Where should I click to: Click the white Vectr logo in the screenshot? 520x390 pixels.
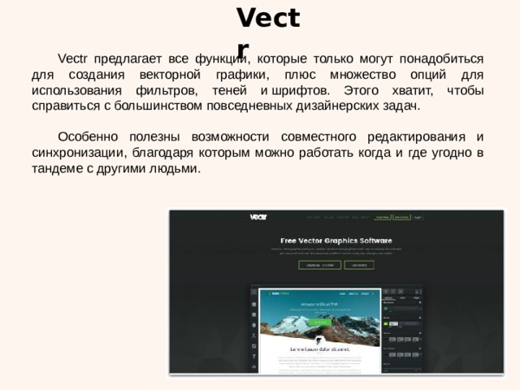click(x=258, y=217)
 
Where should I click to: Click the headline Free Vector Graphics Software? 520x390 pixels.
click(x=336, y=240)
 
